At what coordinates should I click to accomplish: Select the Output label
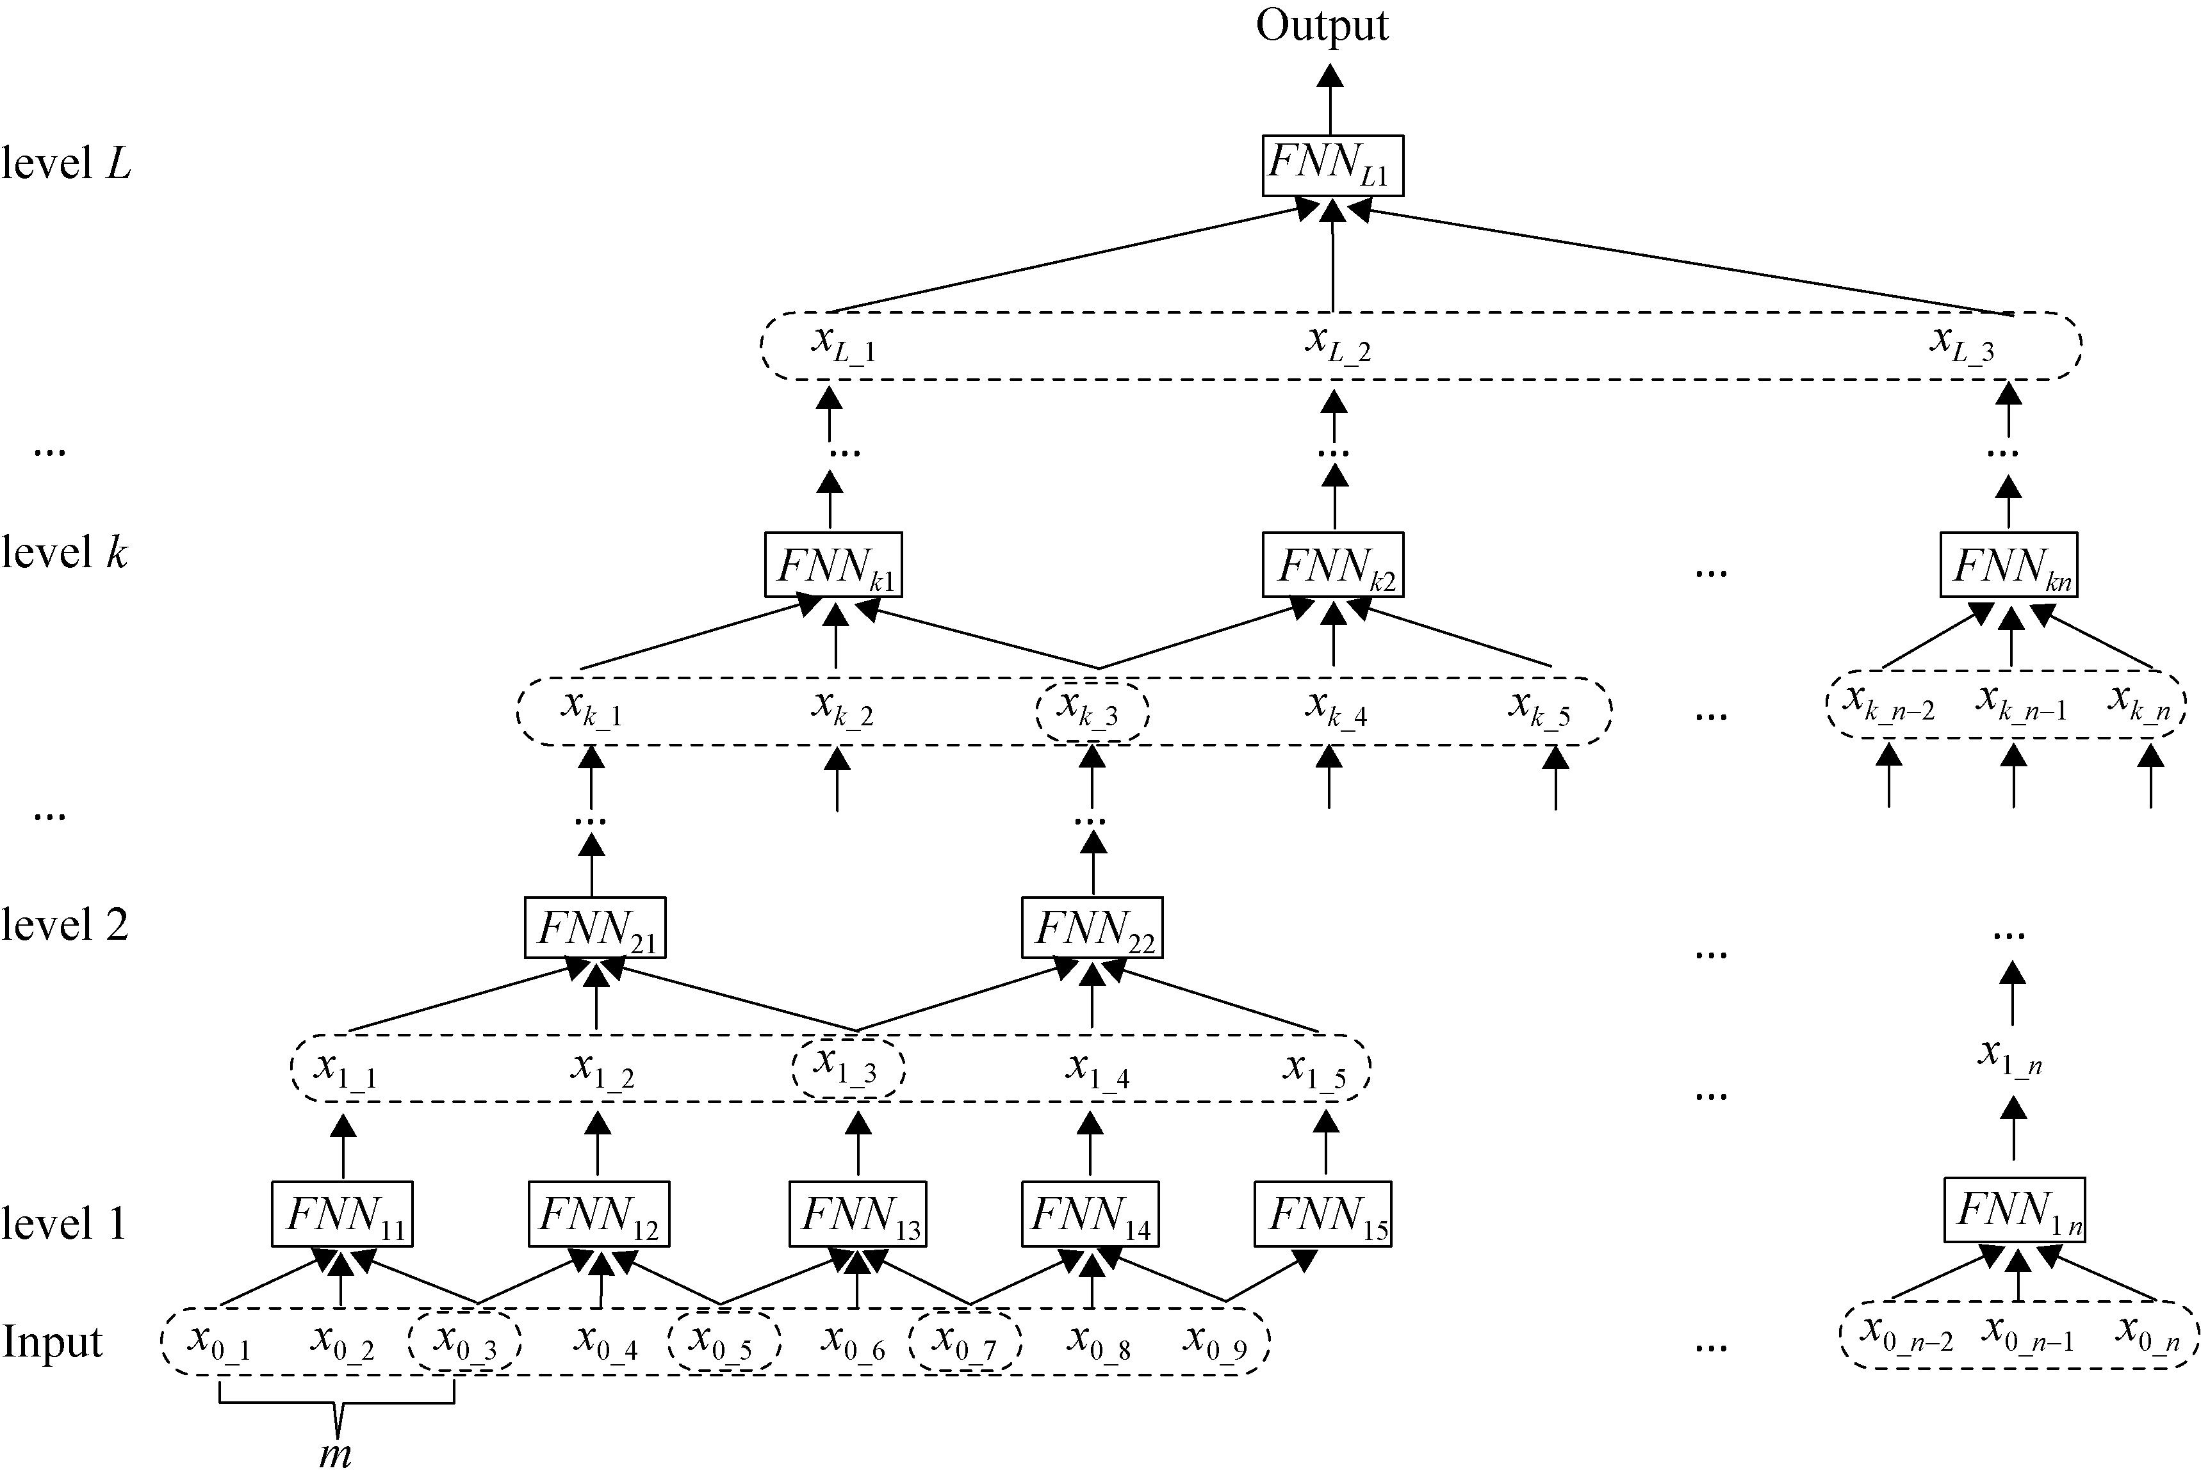[x=1321, y=26]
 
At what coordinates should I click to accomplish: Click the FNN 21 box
[x=594, y=927]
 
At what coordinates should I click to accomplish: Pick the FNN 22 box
[x=1092, y=927]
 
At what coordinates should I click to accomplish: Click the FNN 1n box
[x=2014, y=1210]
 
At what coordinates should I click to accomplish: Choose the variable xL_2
[x=1337, y=344]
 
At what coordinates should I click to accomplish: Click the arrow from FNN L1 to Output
[x=1330, y=99]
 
